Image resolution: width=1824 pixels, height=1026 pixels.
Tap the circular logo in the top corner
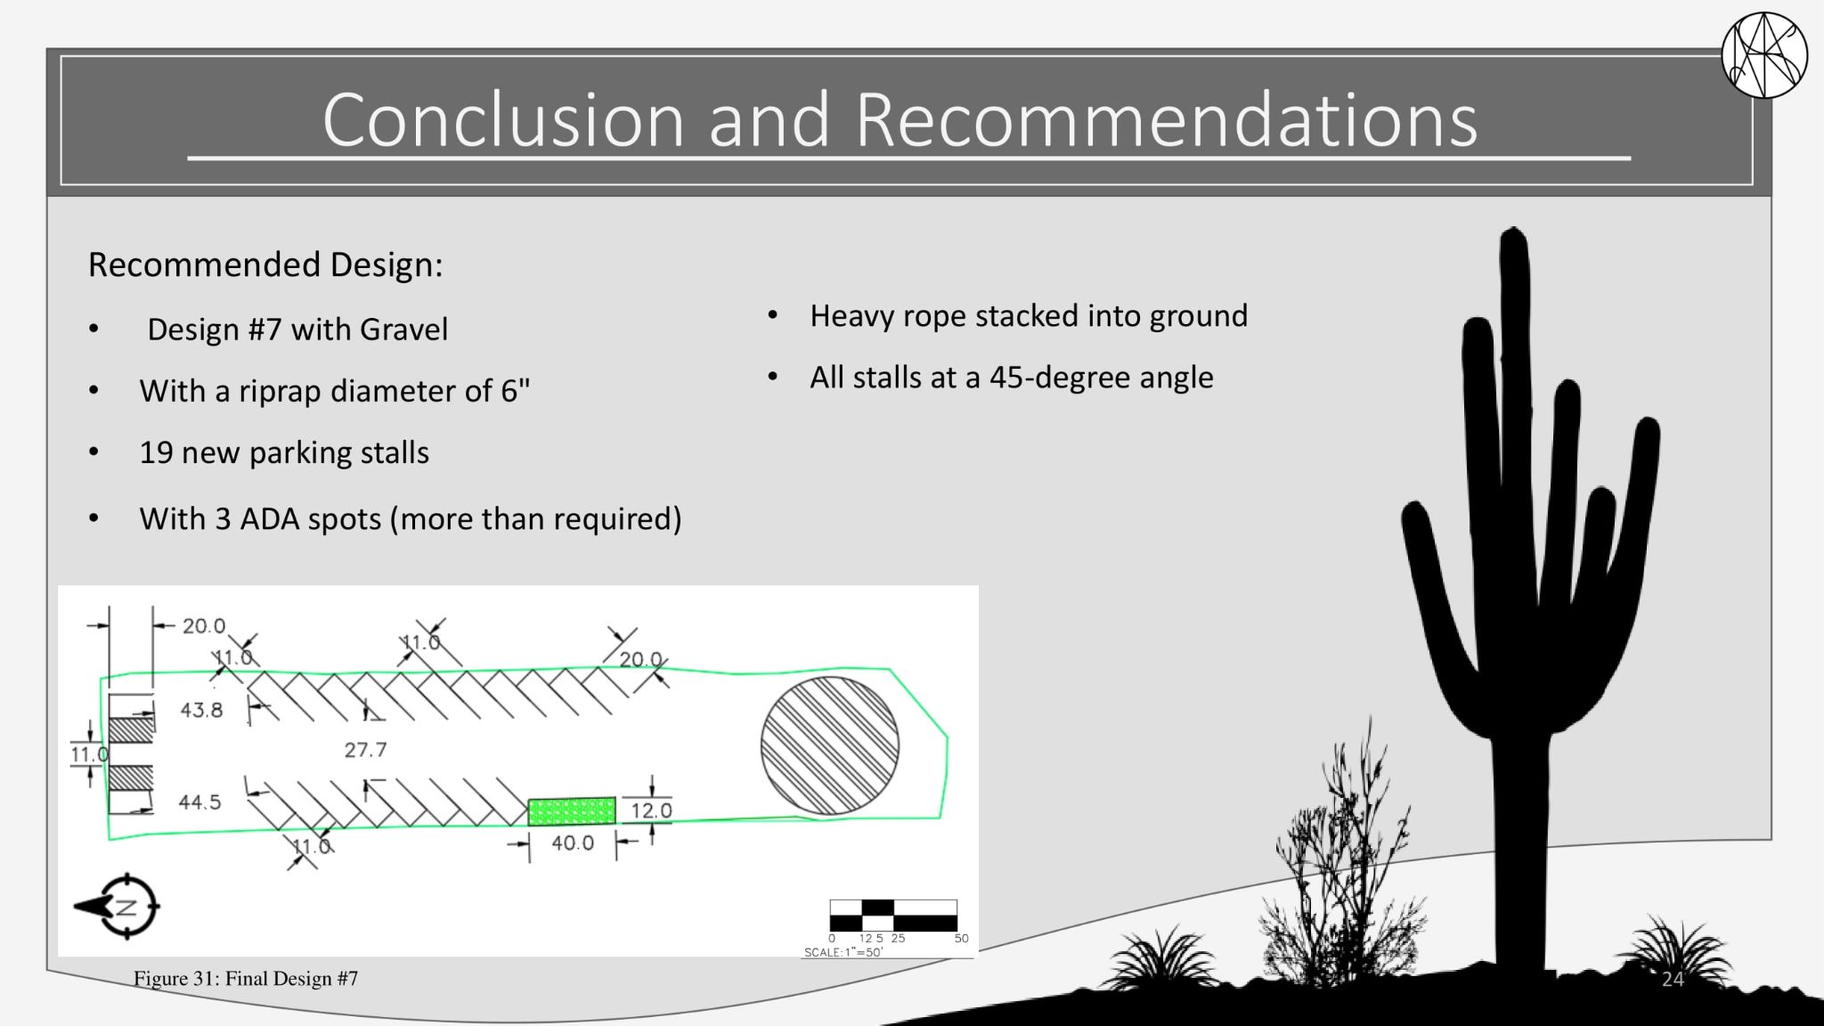coord(1764,55)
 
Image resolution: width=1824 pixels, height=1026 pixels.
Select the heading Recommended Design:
coord(265,265)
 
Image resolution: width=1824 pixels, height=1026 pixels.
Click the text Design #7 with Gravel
coord(297,330)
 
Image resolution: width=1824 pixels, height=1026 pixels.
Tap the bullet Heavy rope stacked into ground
coord(1029,316)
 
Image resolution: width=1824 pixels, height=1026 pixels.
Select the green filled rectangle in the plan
coord(572,811)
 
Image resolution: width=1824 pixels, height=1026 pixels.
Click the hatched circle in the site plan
coord(829,746)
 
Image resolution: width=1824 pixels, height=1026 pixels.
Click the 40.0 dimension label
coord(573,843)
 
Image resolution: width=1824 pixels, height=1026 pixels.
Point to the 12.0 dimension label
coord(651,810)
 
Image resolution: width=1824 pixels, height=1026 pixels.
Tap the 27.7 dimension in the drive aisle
coord(365,750)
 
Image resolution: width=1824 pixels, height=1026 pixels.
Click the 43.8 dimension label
coord(201,710)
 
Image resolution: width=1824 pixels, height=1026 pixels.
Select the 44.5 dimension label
coord(199,802)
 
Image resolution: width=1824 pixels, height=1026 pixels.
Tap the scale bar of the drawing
coord(893,916)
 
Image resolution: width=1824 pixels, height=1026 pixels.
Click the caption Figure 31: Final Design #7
coord(246,979)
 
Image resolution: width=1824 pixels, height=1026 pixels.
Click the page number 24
coord(1673,980)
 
